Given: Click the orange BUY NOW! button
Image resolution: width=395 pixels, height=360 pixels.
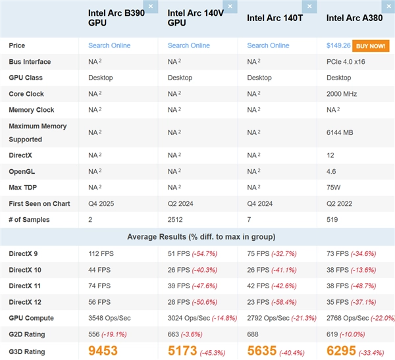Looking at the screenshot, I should [370, 45].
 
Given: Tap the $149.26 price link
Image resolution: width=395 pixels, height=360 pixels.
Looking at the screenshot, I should [338, 45].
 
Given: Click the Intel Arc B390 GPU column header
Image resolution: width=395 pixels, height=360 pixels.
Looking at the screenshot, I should [117, 18].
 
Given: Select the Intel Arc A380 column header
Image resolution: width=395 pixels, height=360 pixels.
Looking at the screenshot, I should [352, 18].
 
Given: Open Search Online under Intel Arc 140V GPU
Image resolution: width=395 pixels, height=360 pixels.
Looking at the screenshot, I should [189, 45].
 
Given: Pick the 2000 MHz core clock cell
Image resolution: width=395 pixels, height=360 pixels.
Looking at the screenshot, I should [342, 94].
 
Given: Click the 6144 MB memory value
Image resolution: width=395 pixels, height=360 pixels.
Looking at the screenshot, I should [340, 132].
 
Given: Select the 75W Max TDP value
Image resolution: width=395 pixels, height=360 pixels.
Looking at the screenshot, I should [334, 188].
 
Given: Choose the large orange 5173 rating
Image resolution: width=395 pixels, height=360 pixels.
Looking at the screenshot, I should [182, 351].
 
